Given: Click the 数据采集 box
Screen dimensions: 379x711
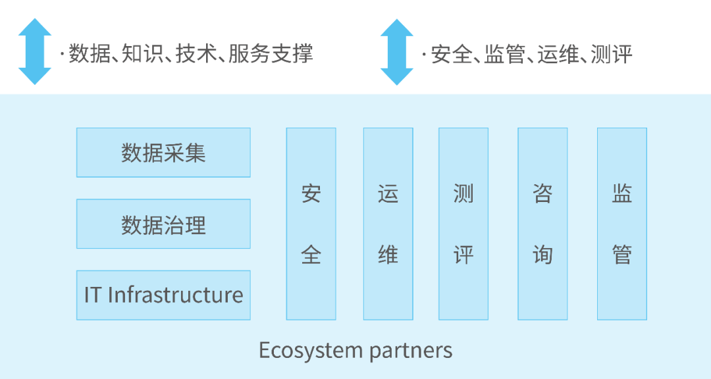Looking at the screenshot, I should [x=163, y=153].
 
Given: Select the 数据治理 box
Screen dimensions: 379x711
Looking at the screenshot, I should [x=163, y=224].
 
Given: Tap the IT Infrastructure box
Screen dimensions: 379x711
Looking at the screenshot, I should [x=163, y=295].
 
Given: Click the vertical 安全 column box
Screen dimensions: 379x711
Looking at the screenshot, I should [x=311, y=224].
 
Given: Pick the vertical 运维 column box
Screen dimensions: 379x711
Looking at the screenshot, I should [x=388, y=224].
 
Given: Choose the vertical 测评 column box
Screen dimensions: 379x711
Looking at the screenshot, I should [x=463, y=224].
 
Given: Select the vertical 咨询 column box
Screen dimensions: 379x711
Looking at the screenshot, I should [x=542, y=224].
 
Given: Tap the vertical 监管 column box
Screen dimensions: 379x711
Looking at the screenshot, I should [x=622, y=224].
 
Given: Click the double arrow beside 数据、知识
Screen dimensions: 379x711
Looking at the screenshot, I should [x=35, y=51].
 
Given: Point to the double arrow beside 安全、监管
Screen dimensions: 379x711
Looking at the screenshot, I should [x=397, y=51].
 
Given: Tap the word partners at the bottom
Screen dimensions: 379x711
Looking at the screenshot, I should [x=411, y=351].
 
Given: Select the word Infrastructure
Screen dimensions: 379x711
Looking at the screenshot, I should [x=175, y=295].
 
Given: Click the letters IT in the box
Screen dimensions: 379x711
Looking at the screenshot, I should [x=93, y=295].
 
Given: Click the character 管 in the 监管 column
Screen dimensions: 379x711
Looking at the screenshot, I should [x=622, y=255].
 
